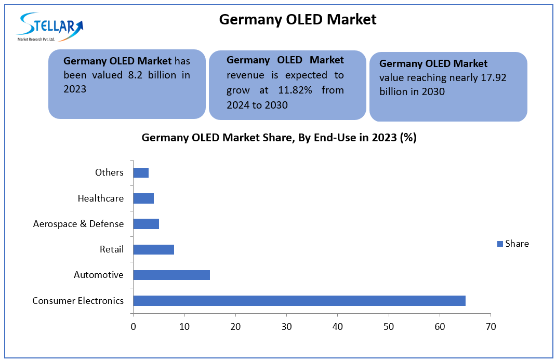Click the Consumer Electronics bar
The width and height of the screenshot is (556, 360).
coord(299,301)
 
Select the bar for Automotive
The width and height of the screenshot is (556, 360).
coord(171,275)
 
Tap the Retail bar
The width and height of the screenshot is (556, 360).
coord(153,249)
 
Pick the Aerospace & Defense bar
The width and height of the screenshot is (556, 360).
coord(146,224)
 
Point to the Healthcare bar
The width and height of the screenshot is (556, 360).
coord(143,198)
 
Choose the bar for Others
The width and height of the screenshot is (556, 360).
coord(141,172)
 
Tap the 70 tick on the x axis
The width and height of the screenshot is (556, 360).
coord(491,327)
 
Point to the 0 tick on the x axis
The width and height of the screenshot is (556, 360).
coord(134,327)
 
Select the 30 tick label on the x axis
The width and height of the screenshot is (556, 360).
coord(286,327)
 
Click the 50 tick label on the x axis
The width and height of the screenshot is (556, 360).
coord(389,327)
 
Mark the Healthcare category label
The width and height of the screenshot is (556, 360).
coord(100,198)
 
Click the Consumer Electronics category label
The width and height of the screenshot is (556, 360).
coord(78,301)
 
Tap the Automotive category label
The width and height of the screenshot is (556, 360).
coord(99,275)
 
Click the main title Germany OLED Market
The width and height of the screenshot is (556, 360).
coord(297,20)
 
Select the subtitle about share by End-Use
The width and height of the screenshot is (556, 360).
coord(279,138)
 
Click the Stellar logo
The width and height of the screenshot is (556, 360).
coord(50,28)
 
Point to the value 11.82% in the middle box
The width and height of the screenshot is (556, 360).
coord(297,90)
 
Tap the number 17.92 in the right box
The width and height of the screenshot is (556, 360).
coord(493,78)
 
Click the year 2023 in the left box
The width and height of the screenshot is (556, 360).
coord(75,89)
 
